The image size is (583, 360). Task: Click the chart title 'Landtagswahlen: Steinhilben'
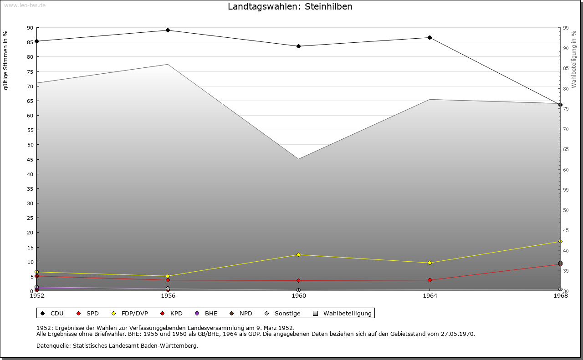290,7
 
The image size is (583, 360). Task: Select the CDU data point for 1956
168,30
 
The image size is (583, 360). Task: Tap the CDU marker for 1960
298,46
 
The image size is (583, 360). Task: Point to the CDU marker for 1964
430,37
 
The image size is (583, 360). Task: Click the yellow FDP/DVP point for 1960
298,254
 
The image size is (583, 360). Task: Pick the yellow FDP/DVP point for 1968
560,241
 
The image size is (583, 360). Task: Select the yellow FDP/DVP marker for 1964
430,263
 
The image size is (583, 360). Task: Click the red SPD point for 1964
430,280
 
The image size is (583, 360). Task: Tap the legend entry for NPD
245,313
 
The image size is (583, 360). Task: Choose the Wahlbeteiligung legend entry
347,313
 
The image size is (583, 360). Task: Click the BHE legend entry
211,313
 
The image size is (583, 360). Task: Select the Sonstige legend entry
287,313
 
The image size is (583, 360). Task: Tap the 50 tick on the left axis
30,145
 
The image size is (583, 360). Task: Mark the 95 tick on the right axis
566,28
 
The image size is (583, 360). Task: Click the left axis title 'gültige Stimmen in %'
6,60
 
